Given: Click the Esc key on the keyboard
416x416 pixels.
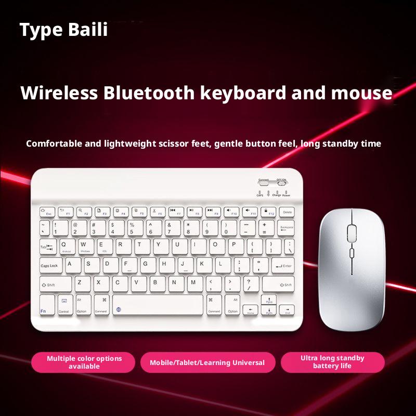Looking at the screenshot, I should (x=46, y=212).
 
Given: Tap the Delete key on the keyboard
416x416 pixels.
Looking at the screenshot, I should (x=287, y=211).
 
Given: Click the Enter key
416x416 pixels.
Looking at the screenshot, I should (x=282, y=266).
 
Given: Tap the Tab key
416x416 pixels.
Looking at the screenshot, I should (x=48, y=246).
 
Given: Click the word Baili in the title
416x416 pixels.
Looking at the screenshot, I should (x=88, y=30).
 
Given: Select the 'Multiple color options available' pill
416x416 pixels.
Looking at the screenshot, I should (x=84, y=362).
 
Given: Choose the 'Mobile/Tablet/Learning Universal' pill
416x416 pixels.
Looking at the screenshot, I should (x=207, y=362).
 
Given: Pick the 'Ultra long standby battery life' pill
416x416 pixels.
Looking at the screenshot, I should (x=332, y=362).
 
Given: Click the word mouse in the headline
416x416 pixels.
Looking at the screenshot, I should (x=361, y=93).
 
